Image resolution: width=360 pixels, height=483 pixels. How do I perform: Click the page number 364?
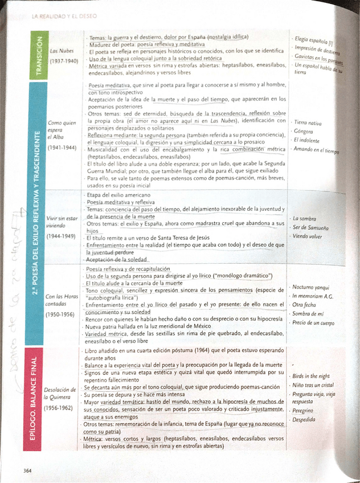point(27,470)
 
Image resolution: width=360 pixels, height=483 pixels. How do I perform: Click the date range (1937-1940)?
point(64,60)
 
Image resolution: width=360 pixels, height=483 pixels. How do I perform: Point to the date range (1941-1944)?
point(62,146)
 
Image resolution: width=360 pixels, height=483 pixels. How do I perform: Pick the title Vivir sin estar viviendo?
point(62,222)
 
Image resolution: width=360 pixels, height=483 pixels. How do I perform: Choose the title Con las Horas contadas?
point(62,300)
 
